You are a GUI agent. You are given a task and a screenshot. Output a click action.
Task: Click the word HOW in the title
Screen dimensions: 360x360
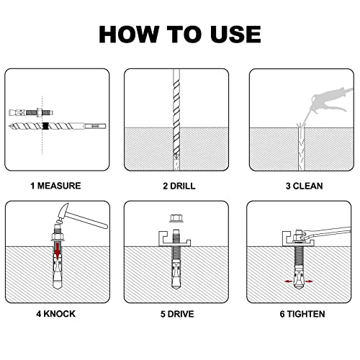pyautogui.click(x=129, y=35)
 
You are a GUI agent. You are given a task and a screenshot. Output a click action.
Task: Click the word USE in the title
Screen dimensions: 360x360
pyautogui.click(x=235, y=35)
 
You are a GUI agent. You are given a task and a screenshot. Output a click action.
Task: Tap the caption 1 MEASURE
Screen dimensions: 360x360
pyautogui.click(x=55, y=186)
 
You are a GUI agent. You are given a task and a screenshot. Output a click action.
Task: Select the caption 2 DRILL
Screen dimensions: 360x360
pyautogui.click(x=179, y=186)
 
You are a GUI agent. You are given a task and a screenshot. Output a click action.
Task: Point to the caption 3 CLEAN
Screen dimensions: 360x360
pyautogui.click(x=304, y=186)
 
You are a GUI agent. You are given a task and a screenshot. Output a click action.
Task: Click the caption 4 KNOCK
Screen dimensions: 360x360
pyautogui.click(x=55, y=314)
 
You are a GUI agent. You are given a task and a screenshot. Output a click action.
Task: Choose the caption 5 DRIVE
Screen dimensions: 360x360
pyautogui.click(x=177, y=314)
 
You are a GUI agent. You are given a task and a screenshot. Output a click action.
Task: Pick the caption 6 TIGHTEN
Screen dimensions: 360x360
pyautogui.click(x=302, y=314)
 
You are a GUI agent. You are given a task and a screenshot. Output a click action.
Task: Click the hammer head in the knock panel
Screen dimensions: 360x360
pyautogui.click(x=63, y=212)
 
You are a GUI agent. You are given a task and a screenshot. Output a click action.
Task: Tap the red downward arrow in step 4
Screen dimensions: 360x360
pyautogui.click(x=58, y=251)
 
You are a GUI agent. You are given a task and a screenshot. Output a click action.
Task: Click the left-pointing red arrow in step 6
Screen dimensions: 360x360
pyautogui.click(x=288, y=282)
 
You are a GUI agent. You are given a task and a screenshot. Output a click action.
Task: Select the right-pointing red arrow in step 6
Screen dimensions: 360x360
pyautogui.click(x=310, y=282)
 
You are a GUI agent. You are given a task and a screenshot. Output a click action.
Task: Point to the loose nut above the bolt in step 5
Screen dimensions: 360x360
pyautogui.click(x=176, y=218)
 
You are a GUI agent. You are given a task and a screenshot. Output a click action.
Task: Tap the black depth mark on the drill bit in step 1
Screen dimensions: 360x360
pyautogui.click(x=45, y=125)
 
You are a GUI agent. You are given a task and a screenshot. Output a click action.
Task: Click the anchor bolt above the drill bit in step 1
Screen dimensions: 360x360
pyautogui.click(x=31, y=112)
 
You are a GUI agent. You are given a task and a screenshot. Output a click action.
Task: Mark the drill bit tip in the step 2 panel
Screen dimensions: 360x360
pyautogui.click(x=176, y=157)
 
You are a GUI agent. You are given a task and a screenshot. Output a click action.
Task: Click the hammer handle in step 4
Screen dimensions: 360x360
pyautogui.click(x=88, y=220)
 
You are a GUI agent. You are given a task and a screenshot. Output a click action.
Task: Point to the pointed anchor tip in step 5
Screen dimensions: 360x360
pyautogui.click(x=176, y=286)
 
